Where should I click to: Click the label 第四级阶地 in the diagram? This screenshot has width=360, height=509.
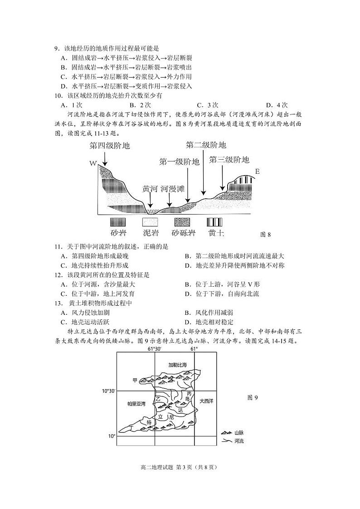pos(109,146)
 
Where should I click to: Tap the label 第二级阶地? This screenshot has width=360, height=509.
pos(206,145)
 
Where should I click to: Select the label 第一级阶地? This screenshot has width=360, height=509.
pos(179,162)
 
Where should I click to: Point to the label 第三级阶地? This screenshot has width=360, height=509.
pos(229,160)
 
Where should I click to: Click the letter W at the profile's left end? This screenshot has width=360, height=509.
pos(93,163)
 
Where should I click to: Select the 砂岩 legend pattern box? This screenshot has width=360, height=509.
pos(118,222)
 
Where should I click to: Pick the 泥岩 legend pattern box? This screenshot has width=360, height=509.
pos(151,222)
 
